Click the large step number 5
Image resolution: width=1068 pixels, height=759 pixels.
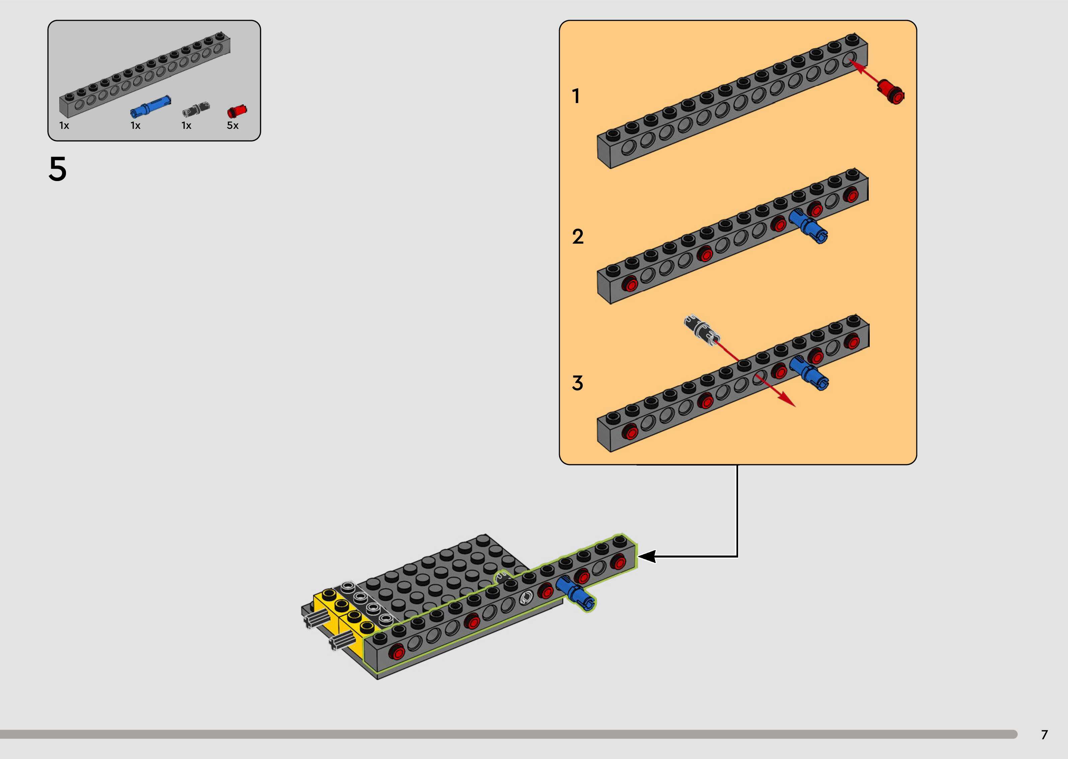tap(58, 169)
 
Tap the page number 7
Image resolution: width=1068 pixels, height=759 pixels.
tap(1044, 734)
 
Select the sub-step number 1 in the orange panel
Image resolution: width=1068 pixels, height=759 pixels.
tap(576, 96)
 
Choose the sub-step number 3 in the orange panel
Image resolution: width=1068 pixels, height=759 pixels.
tap(577, 383)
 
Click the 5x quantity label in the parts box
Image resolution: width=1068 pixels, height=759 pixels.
tap(232, 125)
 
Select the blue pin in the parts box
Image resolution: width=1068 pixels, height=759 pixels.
tap(150, 107)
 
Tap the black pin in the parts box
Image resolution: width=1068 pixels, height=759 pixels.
tap(196, 109)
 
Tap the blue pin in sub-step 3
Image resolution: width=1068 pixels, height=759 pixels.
tap(810, 372)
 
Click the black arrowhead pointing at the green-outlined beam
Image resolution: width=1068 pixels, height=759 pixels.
tap(647, 557)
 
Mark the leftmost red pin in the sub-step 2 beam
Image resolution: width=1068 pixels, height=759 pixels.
tap(630, 284)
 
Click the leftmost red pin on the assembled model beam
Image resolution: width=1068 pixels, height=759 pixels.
tap(397, 652)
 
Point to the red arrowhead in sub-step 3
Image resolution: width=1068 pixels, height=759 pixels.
tap(788, 402)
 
